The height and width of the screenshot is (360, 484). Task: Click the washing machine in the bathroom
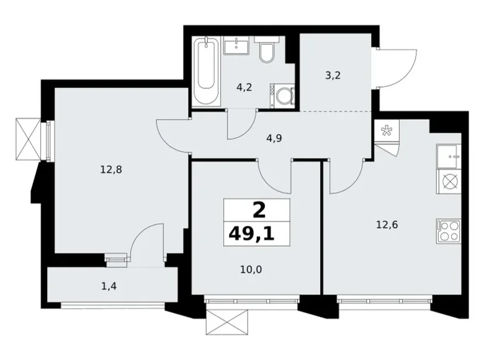(282, 96)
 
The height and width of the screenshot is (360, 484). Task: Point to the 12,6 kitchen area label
(386, 225)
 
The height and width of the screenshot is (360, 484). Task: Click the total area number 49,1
(257, 233)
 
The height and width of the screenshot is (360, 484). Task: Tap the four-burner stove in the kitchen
(447, 230)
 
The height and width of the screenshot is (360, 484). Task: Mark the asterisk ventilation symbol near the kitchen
(386, 130)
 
